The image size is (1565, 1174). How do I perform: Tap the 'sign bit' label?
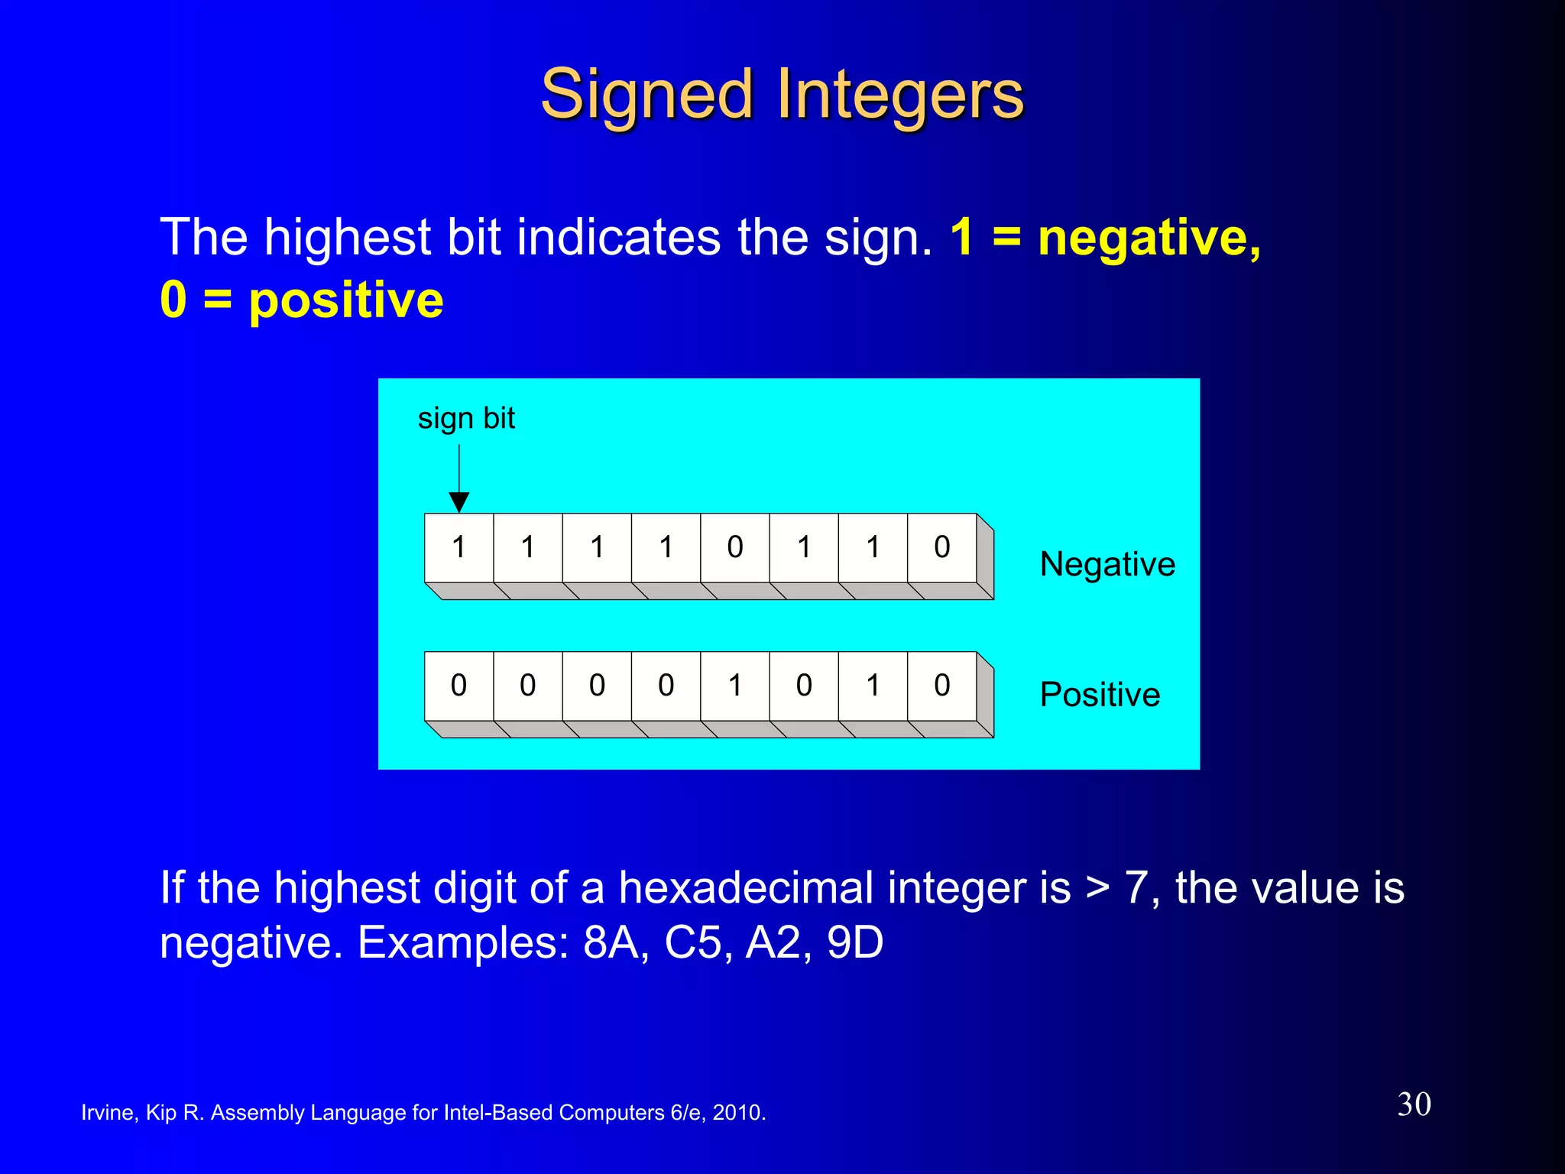click(466, 418)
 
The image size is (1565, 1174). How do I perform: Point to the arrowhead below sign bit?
click(458, 501)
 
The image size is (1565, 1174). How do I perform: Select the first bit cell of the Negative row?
click(458, 547)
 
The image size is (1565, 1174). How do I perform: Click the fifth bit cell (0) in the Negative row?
click(734, 547)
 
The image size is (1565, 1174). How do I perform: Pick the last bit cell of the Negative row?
click(941, 547)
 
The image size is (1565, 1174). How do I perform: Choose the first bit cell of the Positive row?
click(458, 686)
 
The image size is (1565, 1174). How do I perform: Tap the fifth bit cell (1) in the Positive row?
click(734, 686)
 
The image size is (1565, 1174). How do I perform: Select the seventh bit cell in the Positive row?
click(873, 686)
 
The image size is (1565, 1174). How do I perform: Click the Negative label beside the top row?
click(1107, 564)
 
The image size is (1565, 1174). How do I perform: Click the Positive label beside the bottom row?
click(1100, 695)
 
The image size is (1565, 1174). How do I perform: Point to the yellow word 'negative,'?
click(1149, 238)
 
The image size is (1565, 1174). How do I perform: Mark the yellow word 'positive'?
click(345, 300)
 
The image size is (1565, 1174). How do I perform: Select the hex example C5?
click(693, 942)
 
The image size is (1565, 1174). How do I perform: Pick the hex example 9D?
click(855, 942)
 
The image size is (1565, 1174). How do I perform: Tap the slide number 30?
click(1414, 1104)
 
